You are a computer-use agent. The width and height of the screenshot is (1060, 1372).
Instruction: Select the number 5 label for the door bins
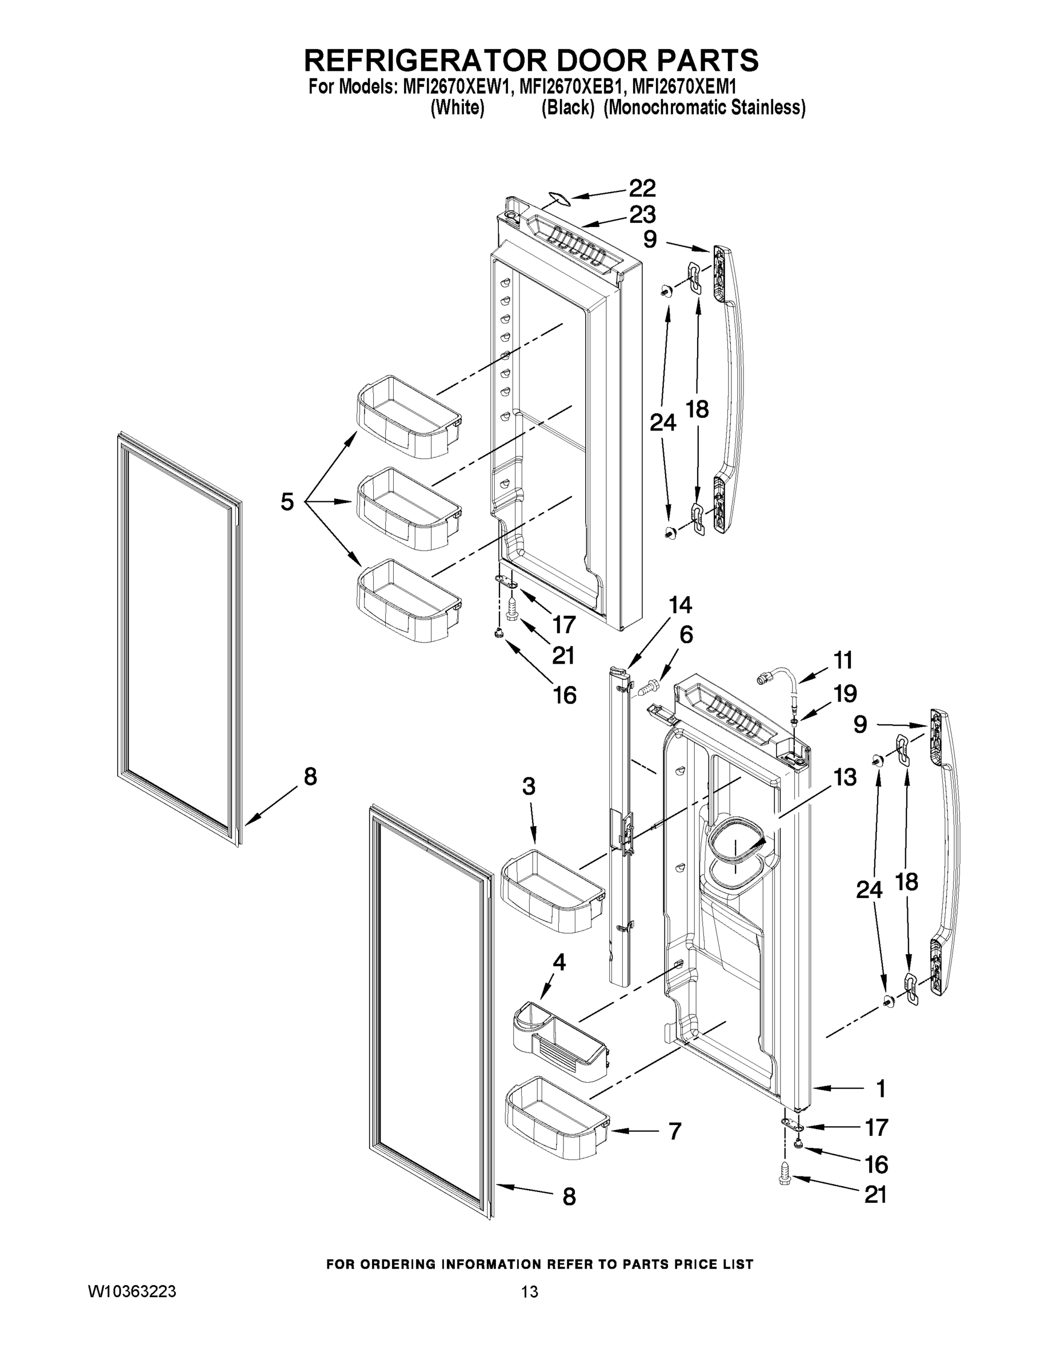(287, 502)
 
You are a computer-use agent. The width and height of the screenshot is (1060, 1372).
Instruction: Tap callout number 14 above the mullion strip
(680, 605)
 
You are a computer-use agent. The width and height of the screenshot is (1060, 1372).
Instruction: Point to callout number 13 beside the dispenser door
(845, 777)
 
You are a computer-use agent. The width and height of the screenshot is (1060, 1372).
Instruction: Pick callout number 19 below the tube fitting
(845, 693)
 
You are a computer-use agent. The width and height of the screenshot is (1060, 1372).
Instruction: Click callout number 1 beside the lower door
(881, 1088)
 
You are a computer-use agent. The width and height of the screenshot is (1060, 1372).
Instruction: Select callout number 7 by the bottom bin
(674, 1131)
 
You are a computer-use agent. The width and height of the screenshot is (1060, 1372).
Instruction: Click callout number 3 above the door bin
(529, 786)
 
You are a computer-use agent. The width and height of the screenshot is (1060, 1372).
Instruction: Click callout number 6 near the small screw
(686, 635)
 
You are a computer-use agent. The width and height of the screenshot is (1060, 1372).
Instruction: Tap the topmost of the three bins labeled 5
(408, 415)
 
